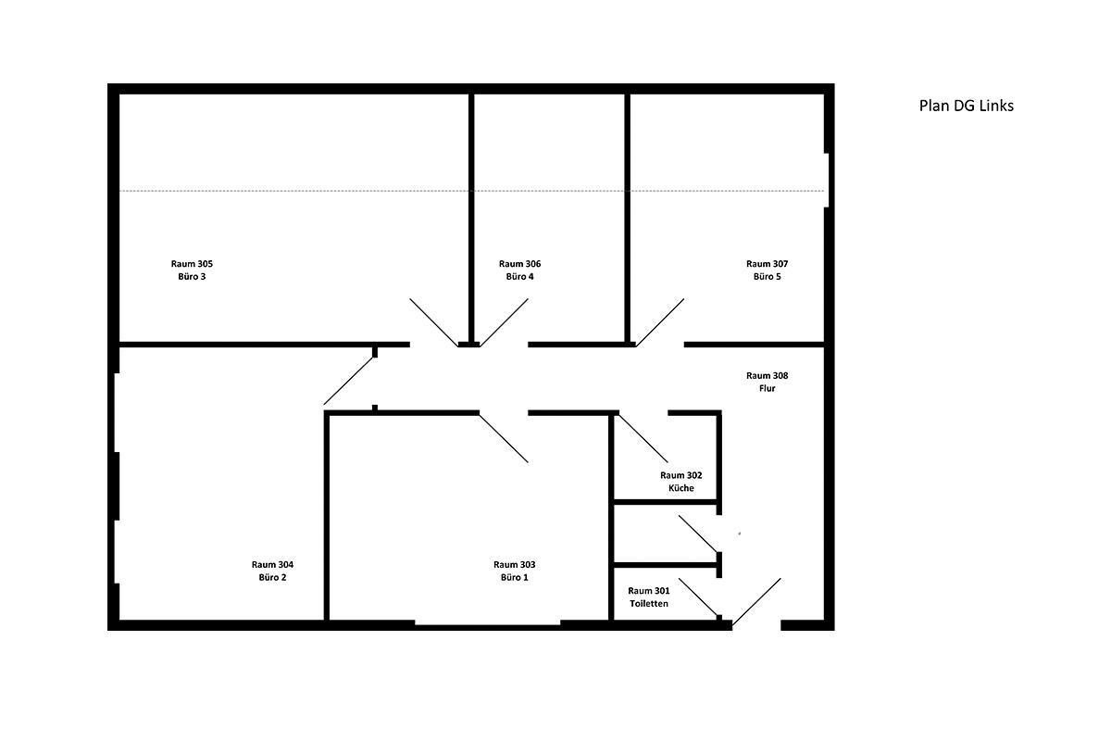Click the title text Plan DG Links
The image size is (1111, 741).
tap(966, 106)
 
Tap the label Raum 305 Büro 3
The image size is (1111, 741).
tap(192, 270)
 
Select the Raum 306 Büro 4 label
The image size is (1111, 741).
tap(519, 270)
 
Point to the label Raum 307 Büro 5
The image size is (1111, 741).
tap(767, 270)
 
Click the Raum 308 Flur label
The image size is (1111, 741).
tap(767, 382)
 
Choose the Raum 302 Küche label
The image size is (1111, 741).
tap(681, 482)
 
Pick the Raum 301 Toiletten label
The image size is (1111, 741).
tap(649, 597)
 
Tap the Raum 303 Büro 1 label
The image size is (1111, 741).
tap(515, 571)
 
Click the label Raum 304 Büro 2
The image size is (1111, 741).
tap(272, 571)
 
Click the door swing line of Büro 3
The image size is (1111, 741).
tap(433, 321)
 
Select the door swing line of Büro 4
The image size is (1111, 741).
tap(504, 321)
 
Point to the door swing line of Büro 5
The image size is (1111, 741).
tap(660, 321)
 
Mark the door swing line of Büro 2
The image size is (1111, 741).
tap(349, 381)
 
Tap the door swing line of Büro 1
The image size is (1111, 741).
tap(504, 438)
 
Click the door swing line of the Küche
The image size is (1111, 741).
tap(643, 438)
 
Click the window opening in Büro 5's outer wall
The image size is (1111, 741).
tap(827, 181)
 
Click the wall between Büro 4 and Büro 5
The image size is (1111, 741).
tap(628, 219)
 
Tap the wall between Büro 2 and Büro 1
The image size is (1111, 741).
tap(327, 516)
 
